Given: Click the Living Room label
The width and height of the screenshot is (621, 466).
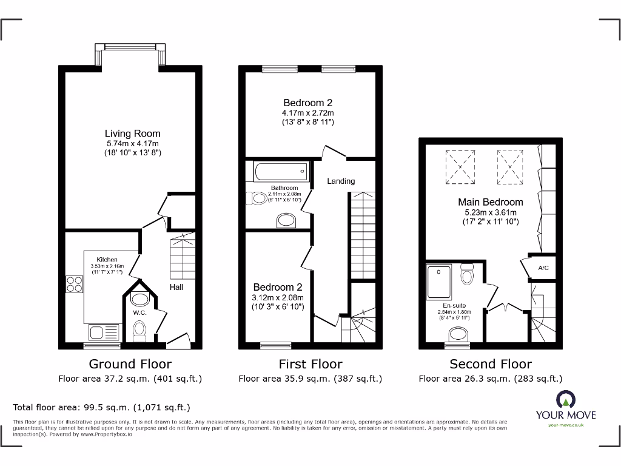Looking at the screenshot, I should coord(132,133).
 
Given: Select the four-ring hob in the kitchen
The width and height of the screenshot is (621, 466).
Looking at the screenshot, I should coord(75,284).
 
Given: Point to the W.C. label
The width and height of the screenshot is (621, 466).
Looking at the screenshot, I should coord(139,312).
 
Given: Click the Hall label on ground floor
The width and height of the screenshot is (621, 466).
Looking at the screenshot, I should coord(176,287).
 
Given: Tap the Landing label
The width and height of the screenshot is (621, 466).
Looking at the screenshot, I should coord(341,181).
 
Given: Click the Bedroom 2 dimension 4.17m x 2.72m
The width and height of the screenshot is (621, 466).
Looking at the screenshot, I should coord(307,113).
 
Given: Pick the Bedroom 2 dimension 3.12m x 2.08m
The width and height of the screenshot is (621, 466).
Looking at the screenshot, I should coord(278,297).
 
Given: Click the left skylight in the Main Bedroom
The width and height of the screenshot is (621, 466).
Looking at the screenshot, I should coord(460,166).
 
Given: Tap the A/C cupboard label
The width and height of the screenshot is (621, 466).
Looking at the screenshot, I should coord(543,268).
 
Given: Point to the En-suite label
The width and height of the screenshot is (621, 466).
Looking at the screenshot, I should coord(454,305).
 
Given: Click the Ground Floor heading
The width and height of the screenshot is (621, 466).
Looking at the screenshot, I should coord(130,364).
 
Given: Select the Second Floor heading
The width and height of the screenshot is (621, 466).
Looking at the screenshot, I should coord(490,364).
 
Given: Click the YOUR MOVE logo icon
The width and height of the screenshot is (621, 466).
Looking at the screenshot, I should coord(565,400).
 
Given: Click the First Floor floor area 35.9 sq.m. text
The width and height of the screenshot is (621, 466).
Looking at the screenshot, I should coord(310,379).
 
